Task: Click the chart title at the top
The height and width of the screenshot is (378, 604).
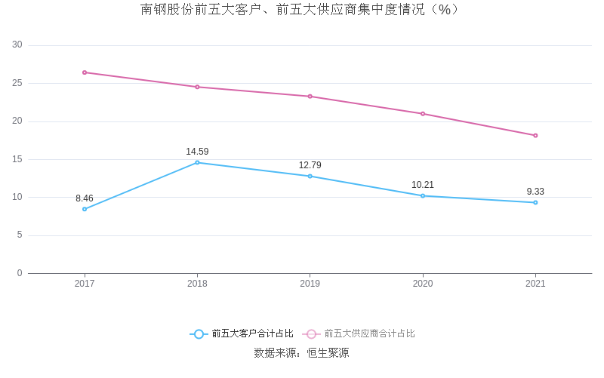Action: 300,10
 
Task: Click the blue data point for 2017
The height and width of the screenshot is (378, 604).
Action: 85,209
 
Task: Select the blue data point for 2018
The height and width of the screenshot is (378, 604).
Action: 197,162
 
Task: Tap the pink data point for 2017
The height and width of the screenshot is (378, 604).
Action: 85,72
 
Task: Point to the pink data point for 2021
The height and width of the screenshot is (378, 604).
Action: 535,136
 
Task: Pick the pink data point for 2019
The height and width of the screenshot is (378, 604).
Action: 310,97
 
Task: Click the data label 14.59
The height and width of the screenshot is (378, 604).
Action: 197,152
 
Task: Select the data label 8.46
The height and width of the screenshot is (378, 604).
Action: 85,198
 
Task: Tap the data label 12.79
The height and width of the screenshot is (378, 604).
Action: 310,165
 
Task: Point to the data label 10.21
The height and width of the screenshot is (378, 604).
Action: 423,185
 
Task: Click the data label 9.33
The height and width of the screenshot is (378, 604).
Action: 535,192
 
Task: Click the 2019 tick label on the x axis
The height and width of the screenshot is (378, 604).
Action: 310,284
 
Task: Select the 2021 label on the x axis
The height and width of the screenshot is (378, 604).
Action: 535,284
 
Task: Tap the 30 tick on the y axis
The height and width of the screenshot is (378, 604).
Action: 17,45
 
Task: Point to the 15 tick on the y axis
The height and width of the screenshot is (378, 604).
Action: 17,159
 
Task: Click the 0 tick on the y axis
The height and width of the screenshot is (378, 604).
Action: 20,273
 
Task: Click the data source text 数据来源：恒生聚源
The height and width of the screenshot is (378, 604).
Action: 301,353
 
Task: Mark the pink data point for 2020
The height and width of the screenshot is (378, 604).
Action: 423,114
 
